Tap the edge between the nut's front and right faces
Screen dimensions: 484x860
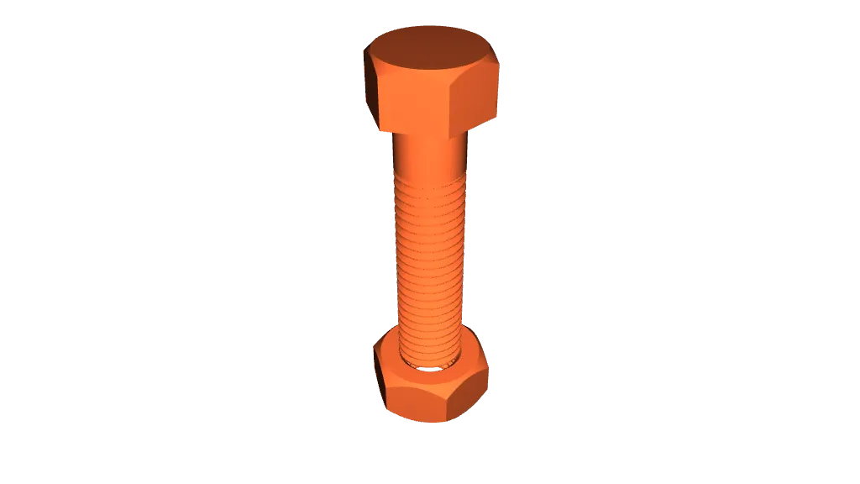point(454,402)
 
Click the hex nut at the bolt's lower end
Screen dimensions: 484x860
point(430,382)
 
